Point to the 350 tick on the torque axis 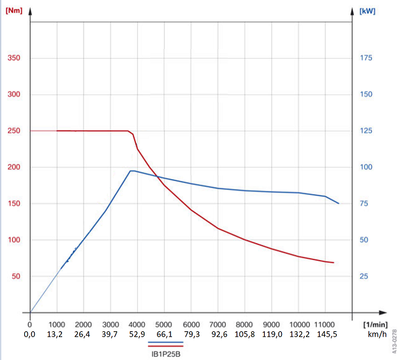coord(14,58)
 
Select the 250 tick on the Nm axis coord(14,131)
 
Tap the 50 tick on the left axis coord(16,276)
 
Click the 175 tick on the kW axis coord(366,58)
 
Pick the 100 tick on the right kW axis coord(366,167)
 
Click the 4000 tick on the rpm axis coord(137,324)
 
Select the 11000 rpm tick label coord(326,324)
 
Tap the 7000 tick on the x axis coord(218,324)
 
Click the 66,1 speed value coord(164,334)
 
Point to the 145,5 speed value coord(326,334)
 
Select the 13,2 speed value coord(57,334)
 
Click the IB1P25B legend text coord(165,353)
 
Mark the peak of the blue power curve coord(131,171)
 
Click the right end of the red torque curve coord(333,263)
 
